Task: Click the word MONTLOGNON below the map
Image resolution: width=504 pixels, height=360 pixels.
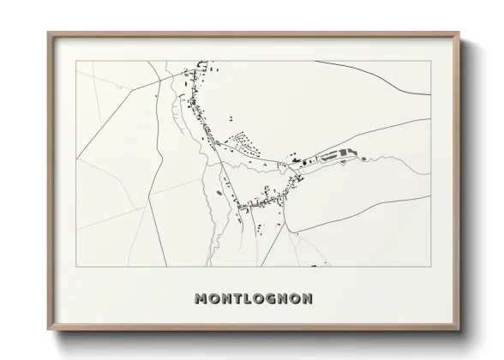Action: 253,299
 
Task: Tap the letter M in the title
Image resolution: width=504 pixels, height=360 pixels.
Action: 201,299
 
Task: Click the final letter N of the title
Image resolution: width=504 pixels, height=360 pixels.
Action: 307,299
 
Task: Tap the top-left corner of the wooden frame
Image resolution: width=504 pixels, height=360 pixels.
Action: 48,33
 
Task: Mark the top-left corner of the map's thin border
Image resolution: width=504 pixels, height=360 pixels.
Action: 76,61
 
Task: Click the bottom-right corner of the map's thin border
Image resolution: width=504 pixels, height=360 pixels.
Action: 430,266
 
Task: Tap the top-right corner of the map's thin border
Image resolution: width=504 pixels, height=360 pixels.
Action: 430,61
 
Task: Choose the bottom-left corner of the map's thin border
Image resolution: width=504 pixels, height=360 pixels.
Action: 76,266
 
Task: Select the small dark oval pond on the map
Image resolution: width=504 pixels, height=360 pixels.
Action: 221,192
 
